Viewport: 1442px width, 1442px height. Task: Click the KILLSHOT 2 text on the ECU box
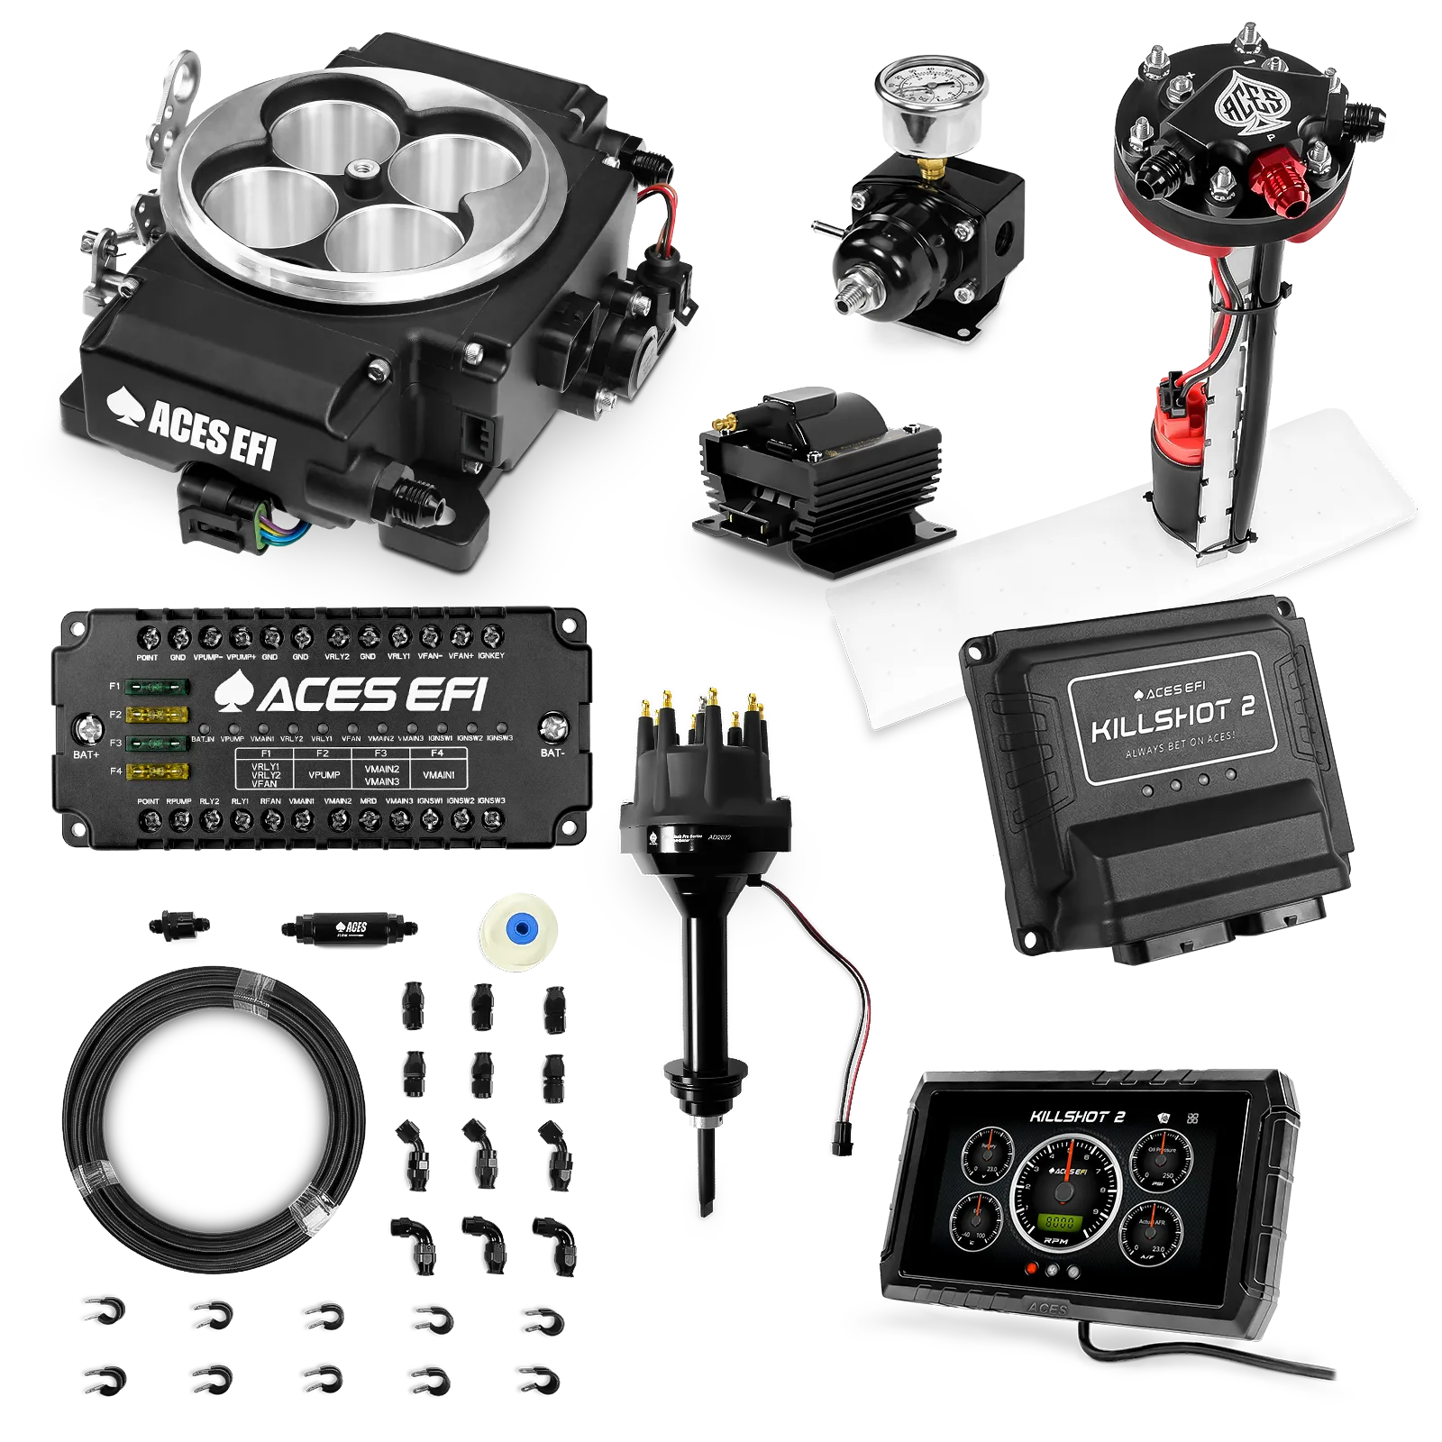[x=1172, y=719]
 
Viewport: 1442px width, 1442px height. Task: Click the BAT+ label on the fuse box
[x=86, y=754]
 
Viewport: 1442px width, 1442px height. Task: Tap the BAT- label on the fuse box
[x=552, y=753]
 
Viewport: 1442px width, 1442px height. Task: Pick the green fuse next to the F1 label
[x=159, y=687]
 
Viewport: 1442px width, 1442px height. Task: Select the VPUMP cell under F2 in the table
[x=324, y=774]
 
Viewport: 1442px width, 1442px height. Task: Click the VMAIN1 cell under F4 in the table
[x=439, y=774]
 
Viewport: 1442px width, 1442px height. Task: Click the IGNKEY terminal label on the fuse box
[x=491, y=656]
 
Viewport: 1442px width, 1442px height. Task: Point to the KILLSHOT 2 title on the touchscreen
[x=1077, y=1118]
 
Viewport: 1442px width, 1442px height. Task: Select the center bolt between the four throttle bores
[x=367, y=168]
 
